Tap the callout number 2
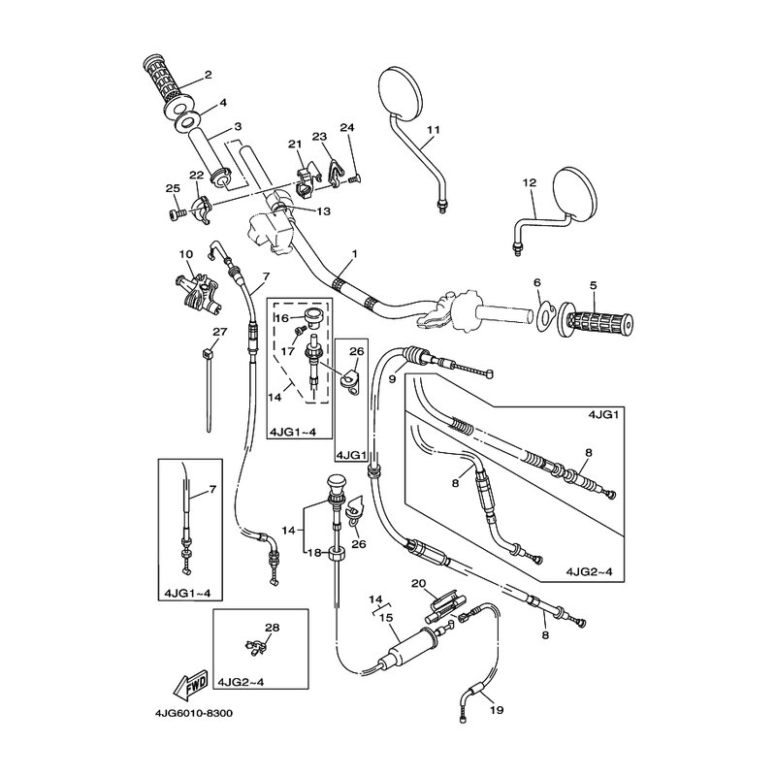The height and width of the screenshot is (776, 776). point(208,76)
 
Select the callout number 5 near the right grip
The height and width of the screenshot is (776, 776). point(591,285)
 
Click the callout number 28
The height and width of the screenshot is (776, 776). point(273,628)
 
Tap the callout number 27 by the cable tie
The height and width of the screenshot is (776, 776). point(219,333)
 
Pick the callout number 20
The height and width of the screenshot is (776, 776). point(419,583)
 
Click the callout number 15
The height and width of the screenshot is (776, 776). point(385,617)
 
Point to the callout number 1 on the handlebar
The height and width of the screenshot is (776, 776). point(355,254)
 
